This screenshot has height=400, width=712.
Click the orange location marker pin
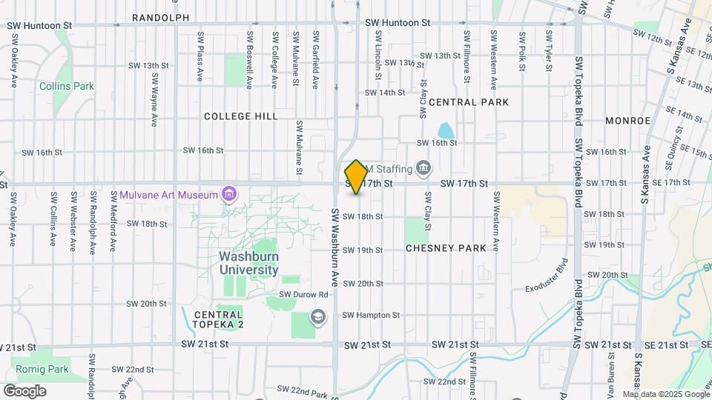pyautogui.click(x=356, y=177)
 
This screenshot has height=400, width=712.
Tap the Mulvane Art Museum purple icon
pyautogui.click(x=229, y=195)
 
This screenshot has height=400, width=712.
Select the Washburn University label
pyautogui.click(x=249, y=263)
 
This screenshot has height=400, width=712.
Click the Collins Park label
pyautogui.click(x=67, y=86)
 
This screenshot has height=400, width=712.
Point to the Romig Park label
pyautogui.click(x=42, y=369)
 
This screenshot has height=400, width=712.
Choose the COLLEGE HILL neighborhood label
pyautogui.click(x=241, y=116)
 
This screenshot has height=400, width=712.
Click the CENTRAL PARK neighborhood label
pyautogui.click(x=469, y=102)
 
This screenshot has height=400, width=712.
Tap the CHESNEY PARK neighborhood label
pyautogui.click(x=446, y=248)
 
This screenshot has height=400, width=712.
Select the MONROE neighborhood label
pyautogui.click(x=627, y=120)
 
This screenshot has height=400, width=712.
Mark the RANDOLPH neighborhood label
pyautogui.click(x=161, y=17)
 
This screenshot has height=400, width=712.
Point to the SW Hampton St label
pyautogui.click(x=371, y=315)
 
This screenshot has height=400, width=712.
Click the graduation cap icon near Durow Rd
pyautogui.click(x=318, y=318)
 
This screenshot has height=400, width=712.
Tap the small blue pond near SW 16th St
pyautogui.click(x=445, y=130)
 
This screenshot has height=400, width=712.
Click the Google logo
pyautogui.click(x=24, y=390)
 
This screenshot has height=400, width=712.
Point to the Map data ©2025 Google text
pyautogui.click(x=666, y=394)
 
